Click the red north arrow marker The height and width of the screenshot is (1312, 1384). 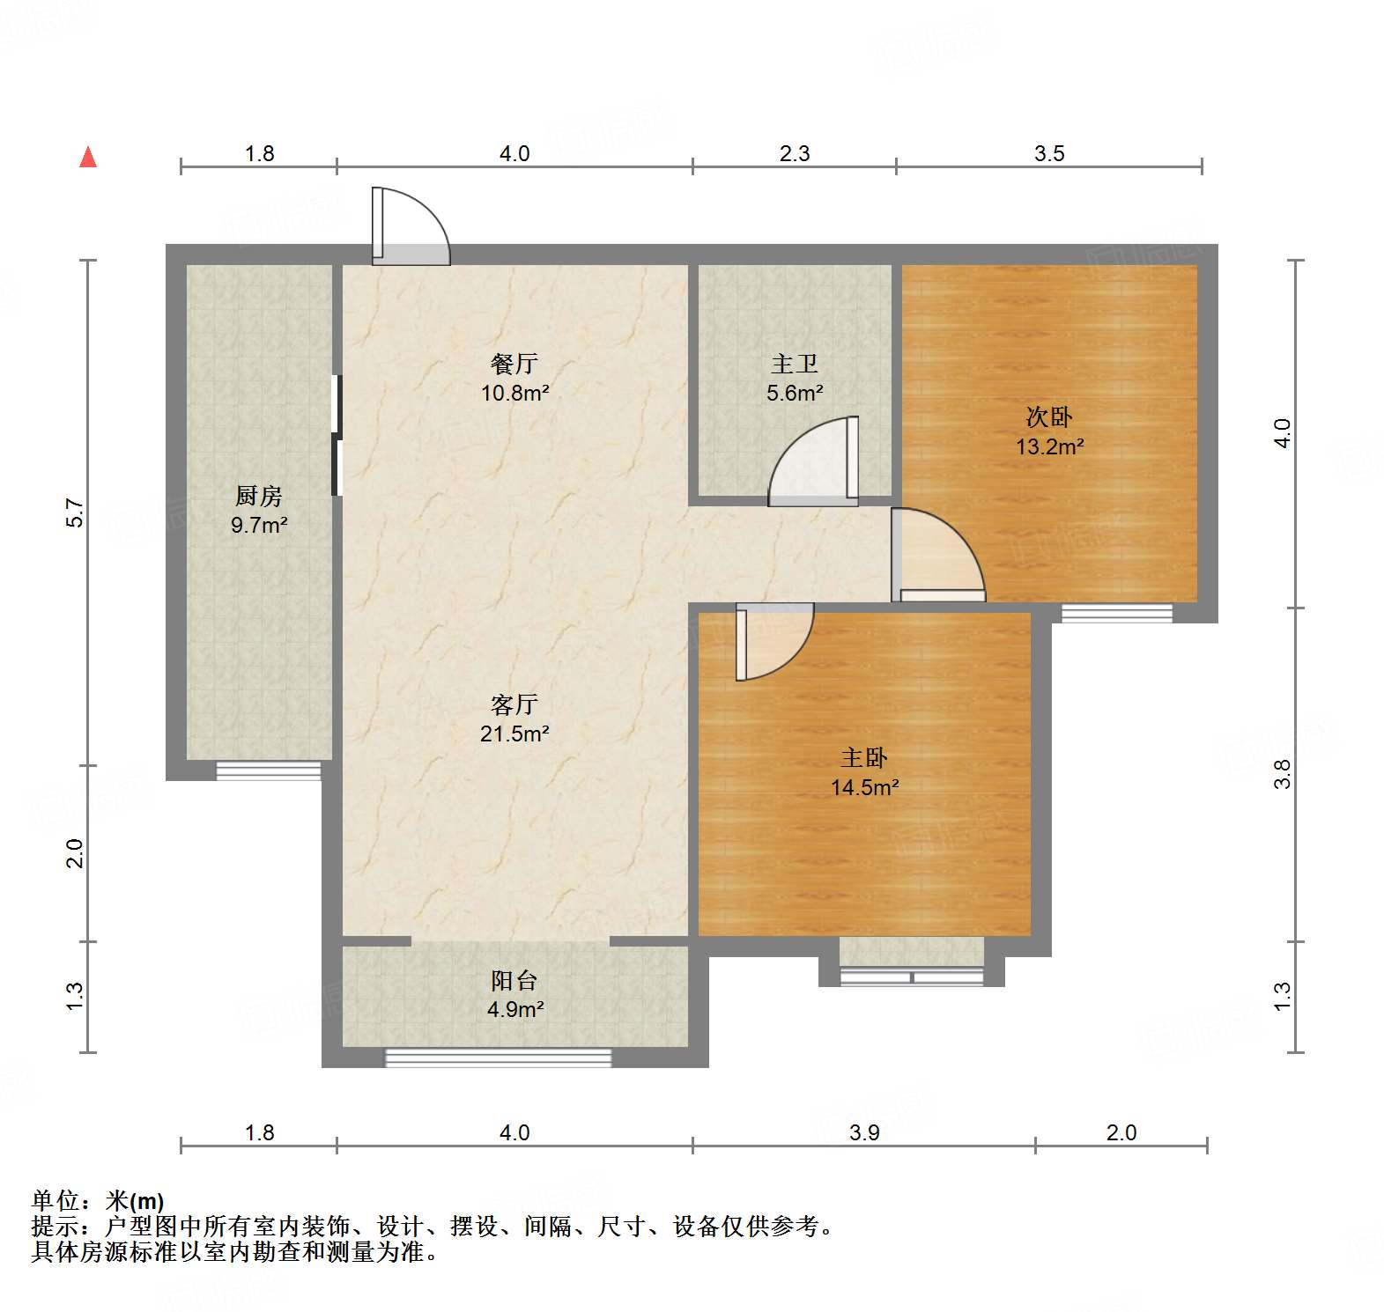click(88, 157)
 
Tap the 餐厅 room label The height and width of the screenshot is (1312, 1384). click(514, 364)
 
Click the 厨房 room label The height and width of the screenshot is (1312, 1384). click(258, 497)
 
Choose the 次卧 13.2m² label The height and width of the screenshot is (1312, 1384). click(1049, 431)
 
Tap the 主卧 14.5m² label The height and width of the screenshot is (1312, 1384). click(864, 772)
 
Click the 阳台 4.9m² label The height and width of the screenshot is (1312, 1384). click(514, 995)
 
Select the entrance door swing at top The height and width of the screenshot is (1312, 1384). click(410, 227)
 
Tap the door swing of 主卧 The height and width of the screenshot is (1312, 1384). click(773, 641)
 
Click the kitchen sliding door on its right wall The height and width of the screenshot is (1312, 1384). click(336, 436)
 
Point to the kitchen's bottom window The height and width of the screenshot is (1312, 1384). click(269, 770)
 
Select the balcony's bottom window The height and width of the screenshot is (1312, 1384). click(499, 1058)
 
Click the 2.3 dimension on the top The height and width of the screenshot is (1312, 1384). click(794, 153)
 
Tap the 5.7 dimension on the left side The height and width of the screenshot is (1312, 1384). click(76, 513)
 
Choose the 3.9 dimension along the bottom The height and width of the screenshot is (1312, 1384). click(864, 1132)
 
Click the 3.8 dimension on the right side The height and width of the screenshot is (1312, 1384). click(1283, 773)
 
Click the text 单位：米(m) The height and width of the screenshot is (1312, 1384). click(98, 1200)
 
